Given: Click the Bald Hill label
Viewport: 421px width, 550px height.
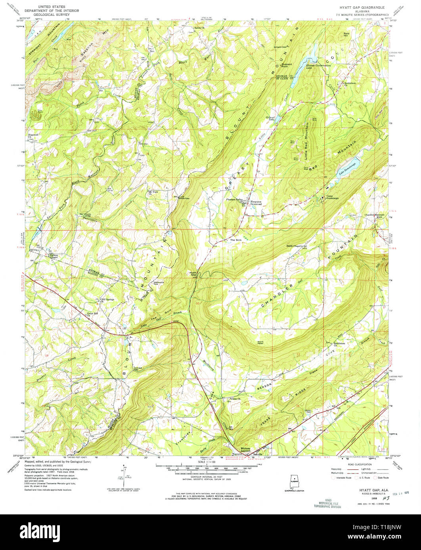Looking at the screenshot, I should (x=346, y=34).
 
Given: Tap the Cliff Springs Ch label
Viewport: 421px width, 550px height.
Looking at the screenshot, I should (x=107, y=300).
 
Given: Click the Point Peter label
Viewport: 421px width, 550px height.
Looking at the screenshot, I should (x=262, y=342).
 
